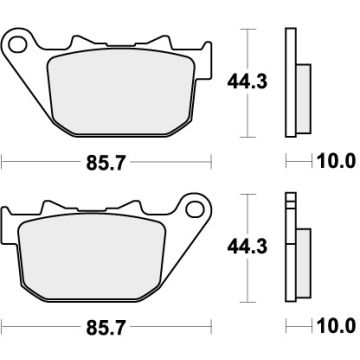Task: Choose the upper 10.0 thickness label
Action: click(336, 160)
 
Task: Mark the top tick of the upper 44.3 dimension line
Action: click(245, 29)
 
